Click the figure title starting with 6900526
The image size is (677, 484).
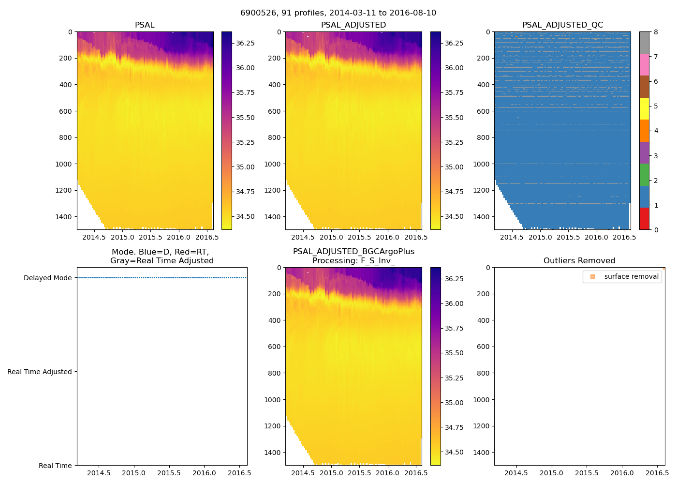[338, 13]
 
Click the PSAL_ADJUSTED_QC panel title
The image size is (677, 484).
[562, 25]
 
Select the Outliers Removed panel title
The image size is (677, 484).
[579, 260]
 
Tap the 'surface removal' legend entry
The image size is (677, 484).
[631, 276]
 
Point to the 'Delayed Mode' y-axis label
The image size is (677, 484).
[47, 278]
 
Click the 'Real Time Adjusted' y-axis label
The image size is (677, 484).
[39, 372]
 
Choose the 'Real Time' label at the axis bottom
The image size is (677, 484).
[55, 466]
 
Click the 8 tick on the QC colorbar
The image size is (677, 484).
[656, 32]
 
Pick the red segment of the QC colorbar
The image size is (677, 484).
[644, 219]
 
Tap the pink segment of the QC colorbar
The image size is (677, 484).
[644, 64]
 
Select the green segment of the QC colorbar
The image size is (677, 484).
[644, 175]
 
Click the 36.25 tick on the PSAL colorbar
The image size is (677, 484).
[245, 43]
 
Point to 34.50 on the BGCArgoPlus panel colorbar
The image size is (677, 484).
[454, 452]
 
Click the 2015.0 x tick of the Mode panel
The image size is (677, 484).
[133, 473]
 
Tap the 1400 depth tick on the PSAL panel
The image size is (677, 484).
[64, 216]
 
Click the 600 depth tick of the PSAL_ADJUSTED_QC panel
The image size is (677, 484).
[484, 111]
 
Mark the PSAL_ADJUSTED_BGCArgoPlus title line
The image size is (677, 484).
[353, 252]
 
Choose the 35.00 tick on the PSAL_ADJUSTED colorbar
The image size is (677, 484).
[454, 167]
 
